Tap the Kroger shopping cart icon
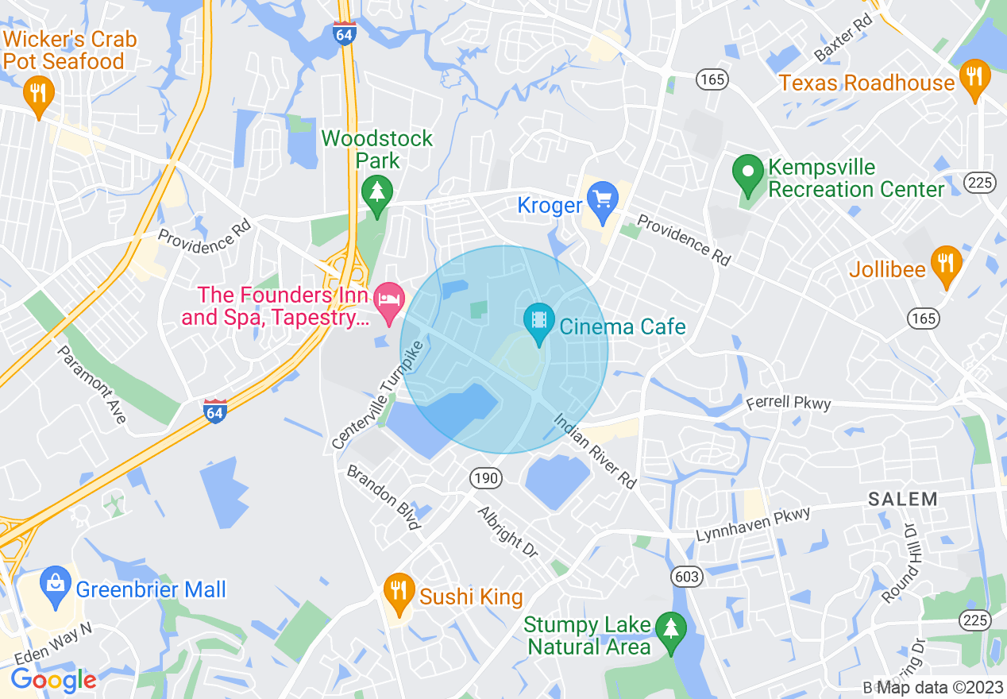click(x=603, y=195)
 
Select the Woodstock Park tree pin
click(x=377, y=191)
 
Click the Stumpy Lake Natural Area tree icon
click(x=672, y=628)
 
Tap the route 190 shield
click(x=484, y=478)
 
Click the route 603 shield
click(x=685, y=575)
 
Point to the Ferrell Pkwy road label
click(x=789, y=403)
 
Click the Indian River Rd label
click(x=595, y=450)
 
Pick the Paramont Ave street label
click(x=93, y=384)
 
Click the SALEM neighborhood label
click(x=902, y=500)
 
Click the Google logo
click(x=53, y=680)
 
